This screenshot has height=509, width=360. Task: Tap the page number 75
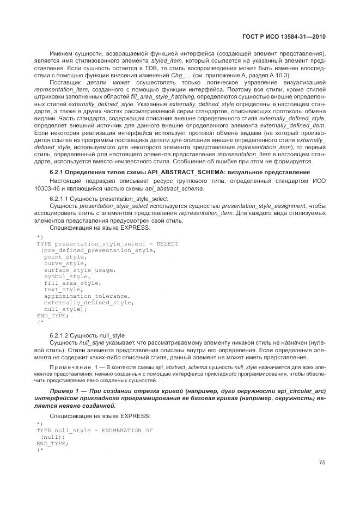click(x=322, y=462)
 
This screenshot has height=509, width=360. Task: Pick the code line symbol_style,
click(x=64, y=276)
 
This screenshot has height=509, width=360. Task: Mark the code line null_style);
click(x=65, y=309)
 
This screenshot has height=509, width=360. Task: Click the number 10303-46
click(x=63, y=188)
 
